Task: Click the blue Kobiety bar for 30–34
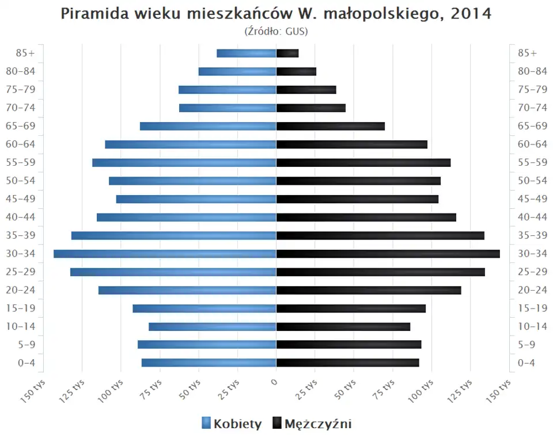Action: coord(165,254)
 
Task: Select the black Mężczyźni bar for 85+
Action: coord(287,54)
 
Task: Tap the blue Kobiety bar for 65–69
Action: coord(208,126)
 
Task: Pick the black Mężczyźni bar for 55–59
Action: coord(363,163)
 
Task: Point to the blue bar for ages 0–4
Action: coord(209,363)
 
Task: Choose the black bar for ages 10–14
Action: coord(343,326)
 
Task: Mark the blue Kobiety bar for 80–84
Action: coord(237,71)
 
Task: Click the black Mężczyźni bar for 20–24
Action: coord(369,290)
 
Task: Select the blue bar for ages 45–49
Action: coord(196,199)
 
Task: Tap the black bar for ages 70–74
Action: coord(311,108)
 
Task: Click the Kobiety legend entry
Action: coord(232,424)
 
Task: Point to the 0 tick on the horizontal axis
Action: coord(275,382)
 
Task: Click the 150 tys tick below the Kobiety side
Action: coord(35,391)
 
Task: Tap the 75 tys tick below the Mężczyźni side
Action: coord(385,391)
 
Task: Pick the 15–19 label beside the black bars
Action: coord(532,308)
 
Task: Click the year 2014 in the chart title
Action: coord(471,14)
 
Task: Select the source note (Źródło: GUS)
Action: coord(276,31)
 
